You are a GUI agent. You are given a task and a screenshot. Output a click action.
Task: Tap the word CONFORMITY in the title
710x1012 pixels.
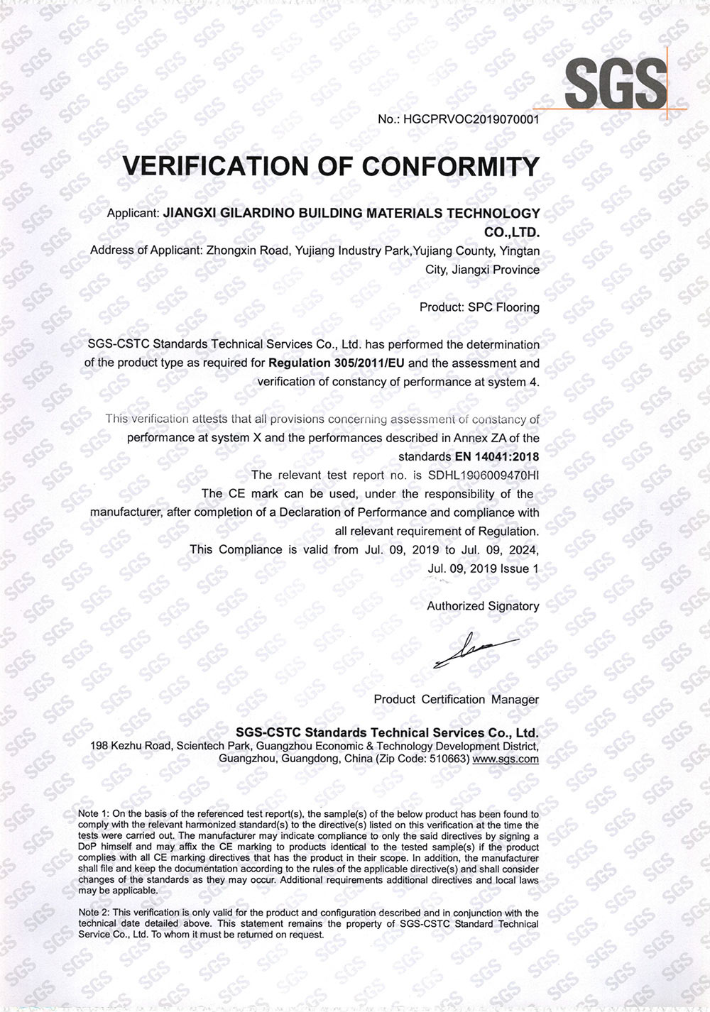click(451, 166)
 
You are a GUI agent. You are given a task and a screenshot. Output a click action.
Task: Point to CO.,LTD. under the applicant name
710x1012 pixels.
click(511, 232)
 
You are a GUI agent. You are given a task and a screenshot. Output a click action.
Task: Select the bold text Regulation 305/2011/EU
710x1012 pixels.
click(326, 363)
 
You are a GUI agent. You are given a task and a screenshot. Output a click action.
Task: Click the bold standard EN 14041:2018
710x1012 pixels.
click(497, 456)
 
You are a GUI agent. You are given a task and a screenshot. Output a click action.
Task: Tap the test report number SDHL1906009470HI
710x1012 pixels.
click(484, 475)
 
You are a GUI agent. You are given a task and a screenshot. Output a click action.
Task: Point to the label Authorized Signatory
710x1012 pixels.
click(483, 606)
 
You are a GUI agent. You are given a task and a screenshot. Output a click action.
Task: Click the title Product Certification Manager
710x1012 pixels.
click(456, 699)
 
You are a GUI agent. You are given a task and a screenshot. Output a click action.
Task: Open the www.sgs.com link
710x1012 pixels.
click(506, 759)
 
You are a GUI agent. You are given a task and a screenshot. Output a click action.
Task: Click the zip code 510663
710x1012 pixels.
click(447, 759)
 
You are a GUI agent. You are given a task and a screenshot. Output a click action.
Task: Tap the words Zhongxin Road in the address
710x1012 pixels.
click(238, 251)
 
